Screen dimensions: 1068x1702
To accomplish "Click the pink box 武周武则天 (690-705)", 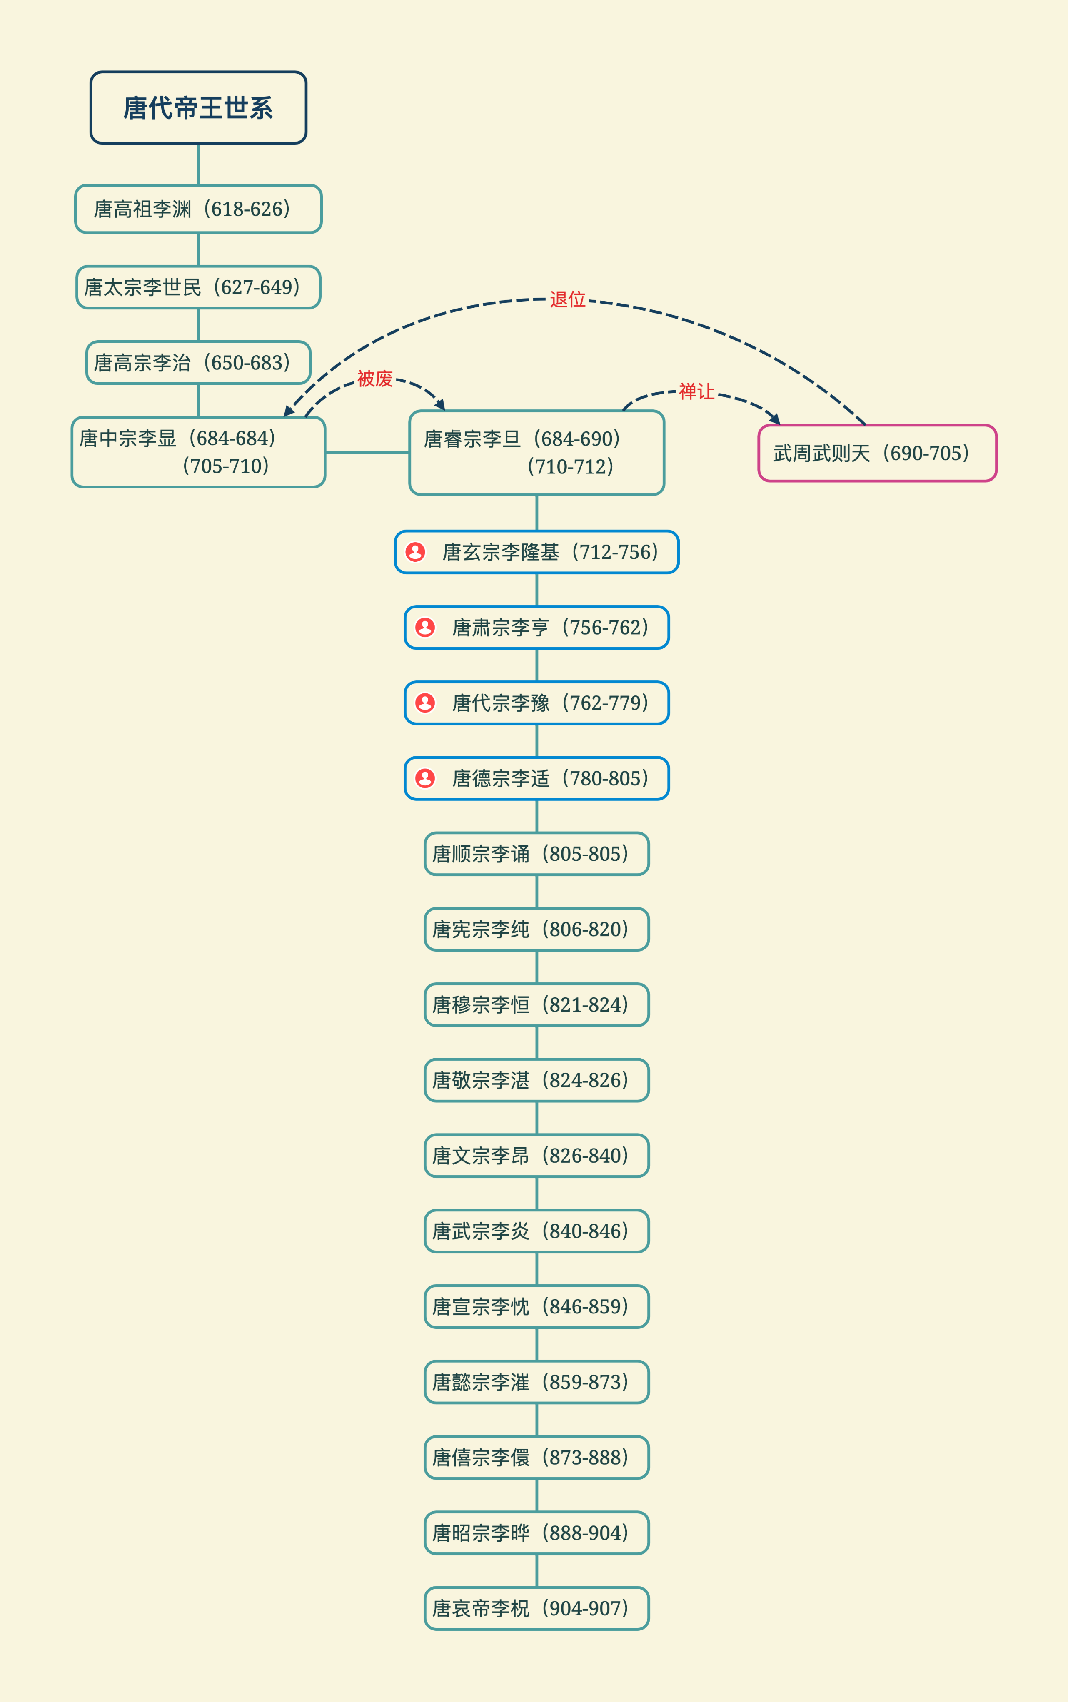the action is (x=877, y=454).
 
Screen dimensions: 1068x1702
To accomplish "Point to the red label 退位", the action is (x=568, y=299).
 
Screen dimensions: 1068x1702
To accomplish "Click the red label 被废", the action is (x=375, y=379).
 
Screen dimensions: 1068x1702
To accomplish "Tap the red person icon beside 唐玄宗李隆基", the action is (x=415, y=551).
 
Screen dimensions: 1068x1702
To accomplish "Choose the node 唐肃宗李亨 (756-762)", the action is (x=537, y=627).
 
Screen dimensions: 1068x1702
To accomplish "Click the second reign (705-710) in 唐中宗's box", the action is (x=226, y=466).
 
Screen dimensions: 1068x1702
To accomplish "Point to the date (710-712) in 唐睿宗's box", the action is (x=571, y=467).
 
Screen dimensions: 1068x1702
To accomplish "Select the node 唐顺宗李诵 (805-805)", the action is (x=537, y=854).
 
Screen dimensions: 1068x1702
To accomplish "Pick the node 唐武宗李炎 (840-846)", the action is (x=537, y=1231).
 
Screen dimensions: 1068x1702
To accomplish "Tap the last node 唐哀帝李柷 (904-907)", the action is (x=537, y=1608).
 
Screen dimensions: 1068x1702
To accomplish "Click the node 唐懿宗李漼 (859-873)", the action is (x=537, y=1382).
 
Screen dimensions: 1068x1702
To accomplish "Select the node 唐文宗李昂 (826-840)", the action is (x=537, y=1155).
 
